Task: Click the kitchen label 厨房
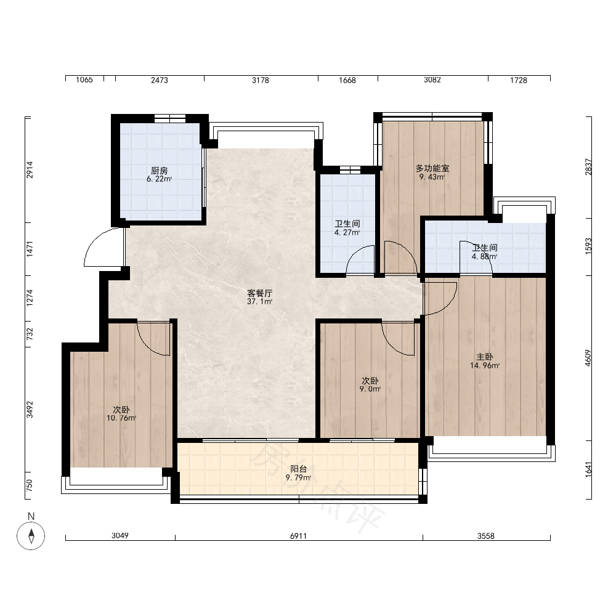click(x=160, y=171)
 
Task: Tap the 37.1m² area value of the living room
click(x=260, y=302)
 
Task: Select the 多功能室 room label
click(x=432, y=169)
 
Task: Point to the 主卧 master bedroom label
click(x=485, y=357)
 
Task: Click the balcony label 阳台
click(x=299, y=469)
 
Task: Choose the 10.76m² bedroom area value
click(x=121, y=418)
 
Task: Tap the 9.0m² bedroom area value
click(x=370, y=389)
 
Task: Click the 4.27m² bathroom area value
click(x=347, y=233)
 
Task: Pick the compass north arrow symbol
click(x=31, y=536)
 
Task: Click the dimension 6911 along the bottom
click(x=299, y=536)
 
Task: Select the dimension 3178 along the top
click(x=261, y=80)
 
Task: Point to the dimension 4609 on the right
click(x=588, y=358)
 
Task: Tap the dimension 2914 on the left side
click(x=30, y=170)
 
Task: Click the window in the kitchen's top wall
click(x=170, y=118)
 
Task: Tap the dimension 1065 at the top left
click(x=84, y=80)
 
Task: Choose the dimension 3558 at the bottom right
click(x=486, y=536)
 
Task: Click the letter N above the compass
click(x=31, y=516)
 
